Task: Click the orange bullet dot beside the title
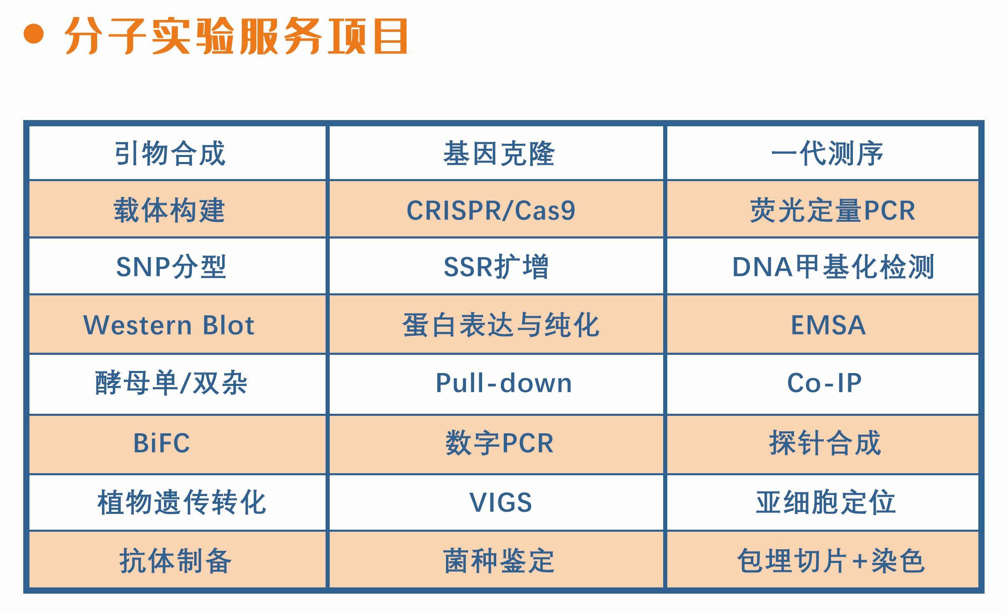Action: point(34,34)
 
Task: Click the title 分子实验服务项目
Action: point(236,36)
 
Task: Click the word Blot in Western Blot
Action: point(228,325)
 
